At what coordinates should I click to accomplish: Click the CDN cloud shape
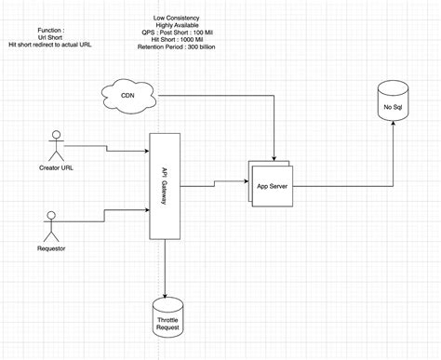point(127,95)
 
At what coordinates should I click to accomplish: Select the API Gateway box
point(164,191)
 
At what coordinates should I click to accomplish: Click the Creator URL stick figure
point(55,146)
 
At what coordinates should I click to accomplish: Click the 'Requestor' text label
point(51,249)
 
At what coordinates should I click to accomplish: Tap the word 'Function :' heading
point(51,29)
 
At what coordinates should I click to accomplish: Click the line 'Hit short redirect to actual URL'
point(51,45)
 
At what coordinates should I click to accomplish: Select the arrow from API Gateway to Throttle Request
point(165,270)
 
